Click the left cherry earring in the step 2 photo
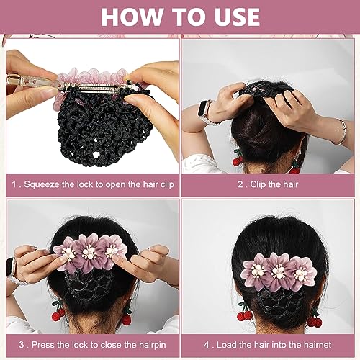(x=237, y=159)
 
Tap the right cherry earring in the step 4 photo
(x=315, y=320)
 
